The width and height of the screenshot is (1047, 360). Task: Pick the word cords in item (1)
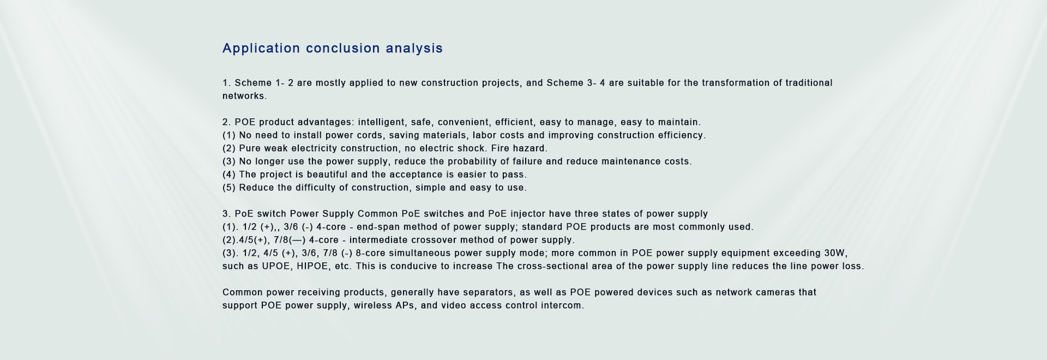(x=369, y=135)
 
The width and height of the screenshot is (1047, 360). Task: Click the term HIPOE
(x=314, y=267)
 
